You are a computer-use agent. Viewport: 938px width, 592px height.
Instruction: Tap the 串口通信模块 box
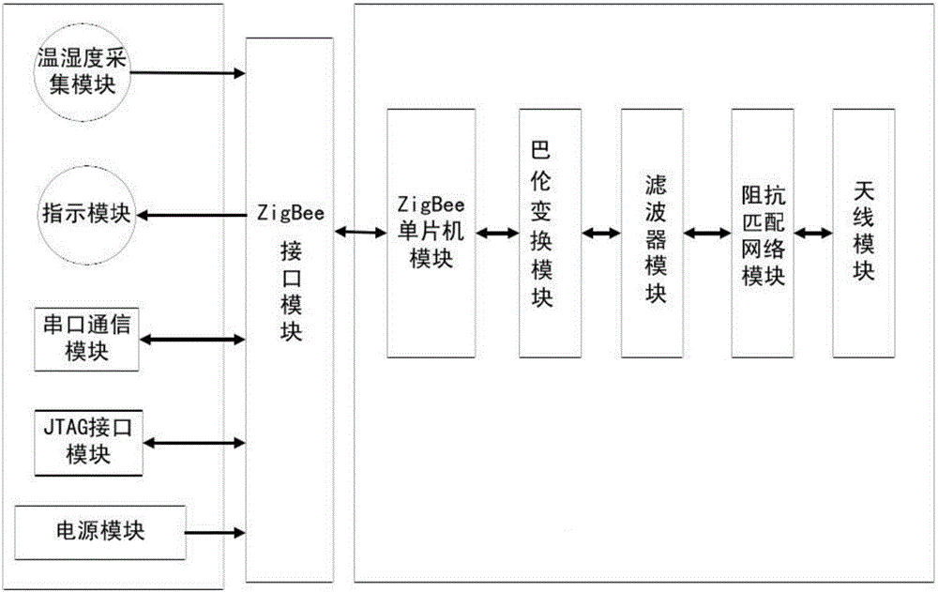click(86, 338)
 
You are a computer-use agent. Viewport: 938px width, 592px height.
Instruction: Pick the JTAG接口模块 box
click(87, 441)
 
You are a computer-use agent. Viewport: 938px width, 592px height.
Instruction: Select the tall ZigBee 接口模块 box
click(290, 310)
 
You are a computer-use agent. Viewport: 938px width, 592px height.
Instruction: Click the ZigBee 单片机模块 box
click(431, 233)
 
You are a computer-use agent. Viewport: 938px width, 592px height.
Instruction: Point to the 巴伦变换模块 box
click(541, 233)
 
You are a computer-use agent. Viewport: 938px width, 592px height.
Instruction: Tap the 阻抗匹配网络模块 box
click(763, 233)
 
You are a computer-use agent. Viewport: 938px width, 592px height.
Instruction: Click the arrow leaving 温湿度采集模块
click(188, 72)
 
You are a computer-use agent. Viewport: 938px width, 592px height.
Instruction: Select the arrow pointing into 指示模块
click(191, 215)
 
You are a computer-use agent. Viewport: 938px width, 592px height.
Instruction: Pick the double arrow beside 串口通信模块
click(192, 340)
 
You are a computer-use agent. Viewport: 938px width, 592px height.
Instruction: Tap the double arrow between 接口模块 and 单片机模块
click(360, 231)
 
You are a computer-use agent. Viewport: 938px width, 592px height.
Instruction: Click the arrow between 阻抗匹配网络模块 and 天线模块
click(812, 231)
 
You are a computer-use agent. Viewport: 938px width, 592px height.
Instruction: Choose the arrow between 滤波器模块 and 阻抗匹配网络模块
click(709, 232)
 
